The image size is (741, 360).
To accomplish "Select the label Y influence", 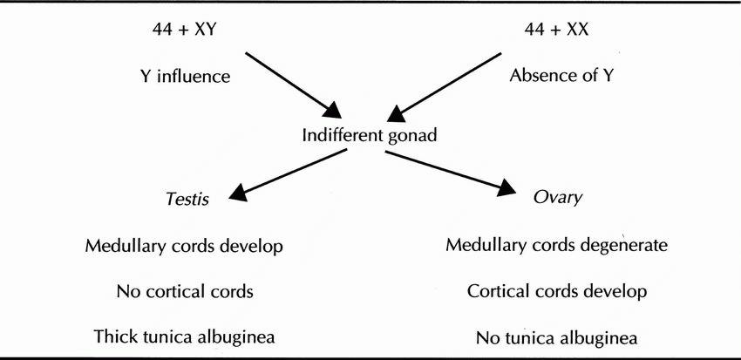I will (x=185, y=76).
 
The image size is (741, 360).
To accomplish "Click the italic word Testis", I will (x=185, y=198).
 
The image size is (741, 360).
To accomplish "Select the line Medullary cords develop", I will (x=184, y=245).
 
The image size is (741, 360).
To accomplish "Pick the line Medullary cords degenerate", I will (x=556, y=245).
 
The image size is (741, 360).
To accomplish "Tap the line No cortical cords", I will (x=185, y=291).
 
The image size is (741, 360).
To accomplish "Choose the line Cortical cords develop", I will (x=556, y=291).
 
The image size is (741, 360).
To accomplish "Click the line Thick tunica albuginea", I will (x=185, y=337).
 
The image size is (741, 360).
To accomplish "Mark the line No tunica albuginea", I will (x=556, y=337).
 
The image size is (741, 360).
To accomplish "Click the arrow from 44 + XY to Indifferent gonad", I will (x=293, y=86).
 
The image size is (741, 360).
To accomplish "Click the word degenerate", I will (x=622, y=245).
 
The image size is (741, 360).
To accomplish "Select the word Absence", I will (x=538, y=76).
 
